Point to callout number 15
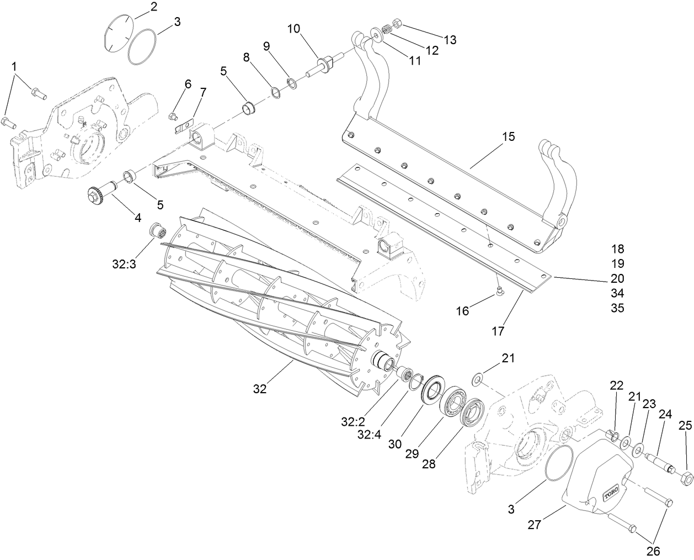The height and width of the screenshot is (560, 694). point(508,136)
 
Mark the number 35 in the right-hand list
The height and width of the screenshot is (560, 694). point(617,308)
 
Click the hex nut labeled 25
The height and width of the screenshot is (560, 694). point(685,477)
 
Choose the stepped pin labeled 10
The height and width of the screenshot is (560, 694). point(323,65)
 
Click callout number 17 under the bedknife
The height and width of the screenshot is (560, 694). point(498,331)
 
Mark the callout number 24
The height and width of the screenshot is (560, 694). point(665,414)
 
